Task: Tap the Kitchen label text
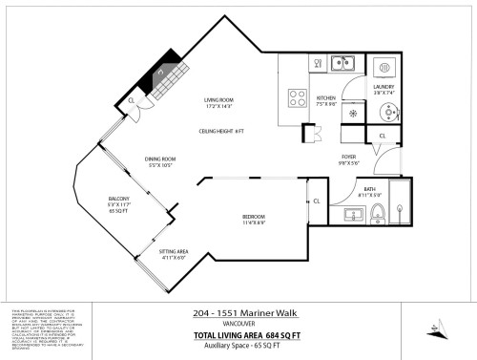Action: (x=327, y=97)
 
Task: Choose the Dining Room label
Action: (x=160, y=159)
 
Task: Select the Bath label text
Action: (x=369, y=189)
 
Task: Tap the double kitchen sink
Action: (x=342, y=64)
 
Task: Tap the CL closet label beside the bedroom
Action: (x=316, y=201)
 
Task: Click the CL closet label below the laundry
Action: (x=382, y=137)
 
